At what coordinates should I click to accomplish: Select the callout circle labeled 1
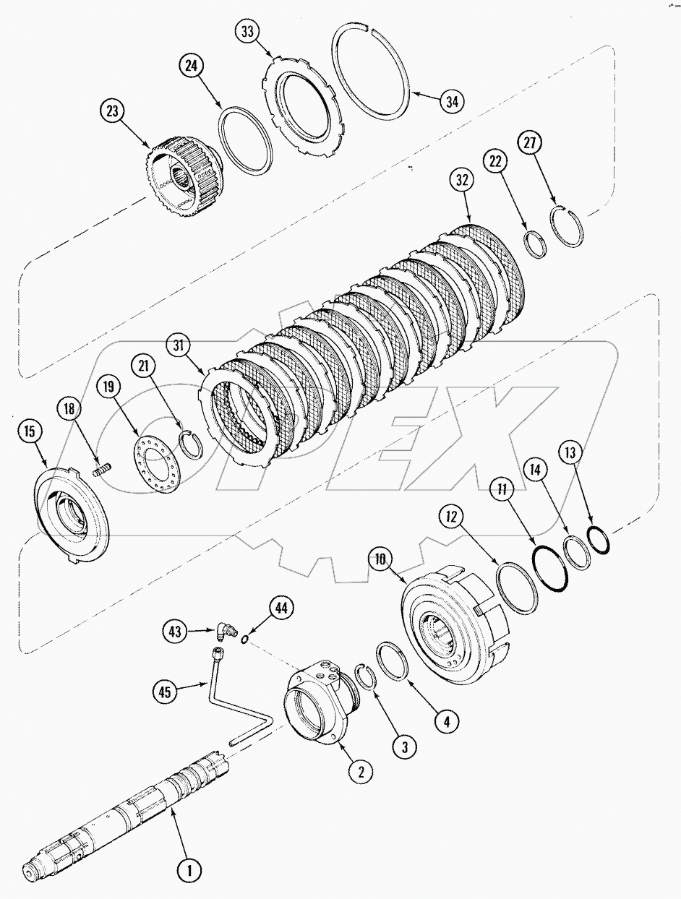click(x=189, y=871)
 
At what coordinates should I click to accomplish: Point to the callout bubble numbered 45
click(x=166, y=692)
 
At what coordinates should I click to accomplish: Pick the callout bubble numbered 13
click(x=570, y=452)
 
